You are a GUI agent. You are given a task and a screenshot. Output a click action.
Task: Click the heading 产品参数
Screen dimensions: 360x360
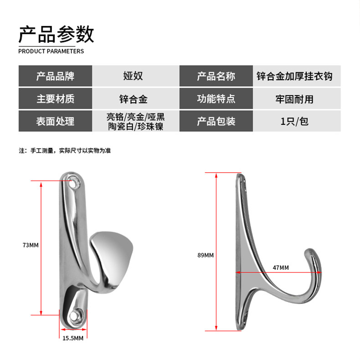click(x=56, y=34)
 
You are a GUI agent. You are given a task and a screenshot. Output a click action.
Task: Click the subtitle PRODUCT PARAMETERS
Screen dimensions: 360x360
click(x=51, y=51)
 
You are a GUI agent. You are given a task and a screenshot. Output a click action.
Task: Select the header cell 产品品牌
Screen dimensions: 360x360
click(x=55, y=76)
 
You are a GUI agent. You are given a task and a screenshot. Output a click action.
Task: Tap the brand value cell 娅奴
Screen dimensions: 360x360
click(x=133, y=76)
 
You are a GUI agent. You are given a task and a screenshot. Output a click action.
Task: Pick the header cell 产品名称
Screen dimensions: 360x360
click(x=216, y=76)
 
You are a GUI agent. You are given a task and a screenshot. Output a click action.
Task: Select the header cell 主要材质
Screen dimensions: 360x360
click(x=55, y=99)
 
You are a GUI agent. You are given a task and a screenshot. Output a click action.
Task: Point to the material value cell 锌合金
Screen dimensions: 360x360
click(x=133, y=99)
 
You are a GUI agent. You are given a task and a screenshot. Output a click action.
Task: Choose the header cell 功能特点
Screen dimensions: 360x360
click(x=216, y=99)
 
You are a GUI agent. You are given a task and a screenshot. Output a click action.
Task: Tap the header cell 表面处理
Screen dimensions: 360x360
click(x=55, y=121)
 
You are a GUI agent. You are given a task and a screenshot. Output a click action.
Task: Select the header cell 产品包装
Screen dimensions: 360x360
click(x=216, y=121)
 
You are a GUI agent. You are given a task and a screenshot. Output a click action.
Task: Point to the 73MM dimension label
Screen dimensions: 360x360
click(x=31, y=245)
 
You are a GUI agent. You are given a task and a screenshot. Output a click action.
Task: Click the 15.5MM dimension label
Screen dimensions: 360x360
click(x=73, y=338)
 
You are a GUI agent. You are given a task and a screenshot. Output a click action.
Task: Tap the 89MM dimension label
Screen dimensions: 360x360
click(x=206, y=255)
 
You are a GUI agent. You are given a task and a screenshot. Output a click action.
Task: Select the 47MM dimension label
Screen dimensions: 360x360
click(x=281, y=267)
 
